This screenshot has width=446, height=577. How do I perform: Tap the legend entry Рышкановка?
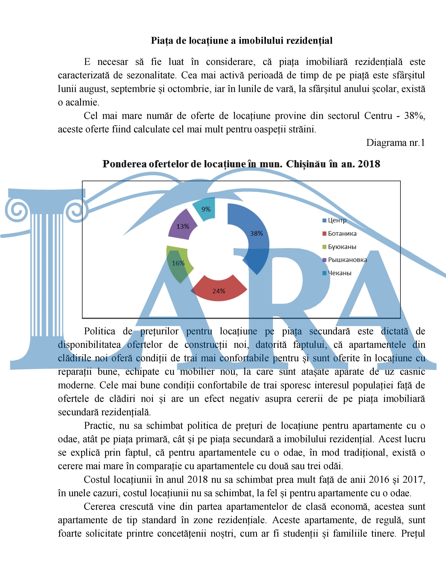[x=347, y=260]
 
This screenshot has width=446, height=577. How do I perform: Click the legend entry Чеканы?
[x=339, y=273]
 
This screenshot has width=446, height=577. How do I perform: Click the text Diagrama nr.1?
[x=395, y=143]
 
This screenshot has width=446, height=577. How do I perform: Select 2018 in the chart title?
[x=369, y=164]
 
